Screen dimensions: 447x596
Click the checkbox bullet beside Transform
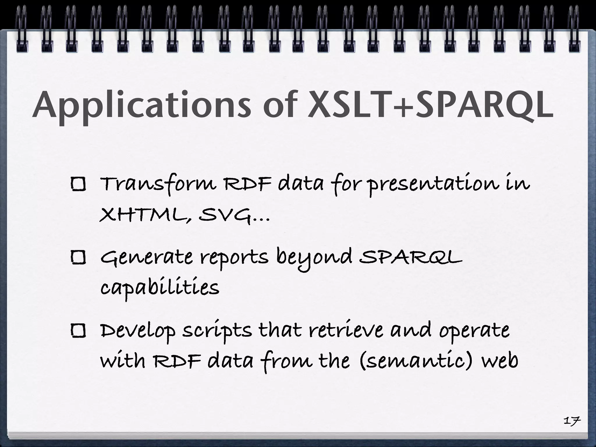pyautogui.click(x=79, y=185)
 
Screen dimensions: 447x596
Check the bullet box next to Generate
pyautogui.click(x=79, y=258)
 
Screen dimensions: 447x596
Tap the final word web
pyautogui.click(x=499, y=361)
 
